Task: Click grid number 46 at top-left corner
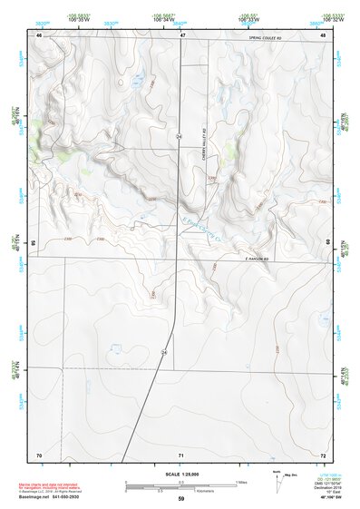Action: tap(39, 34)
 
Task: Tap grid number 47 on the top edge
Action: tap(181, 34)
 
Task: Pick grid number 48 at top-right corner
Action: tap(324, 34)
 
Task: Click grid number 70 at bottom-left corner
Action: tap(39, 454)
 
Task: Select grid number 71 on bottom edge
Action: tap(181, 454)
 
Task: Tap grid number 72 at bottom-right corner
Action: tap(324, 454)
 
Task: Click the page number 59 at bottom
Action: tap(181, 499)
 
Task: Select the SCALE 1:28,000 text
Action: tap(181, 473)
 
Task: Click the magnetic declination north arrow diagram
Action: tap(278, 484)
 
